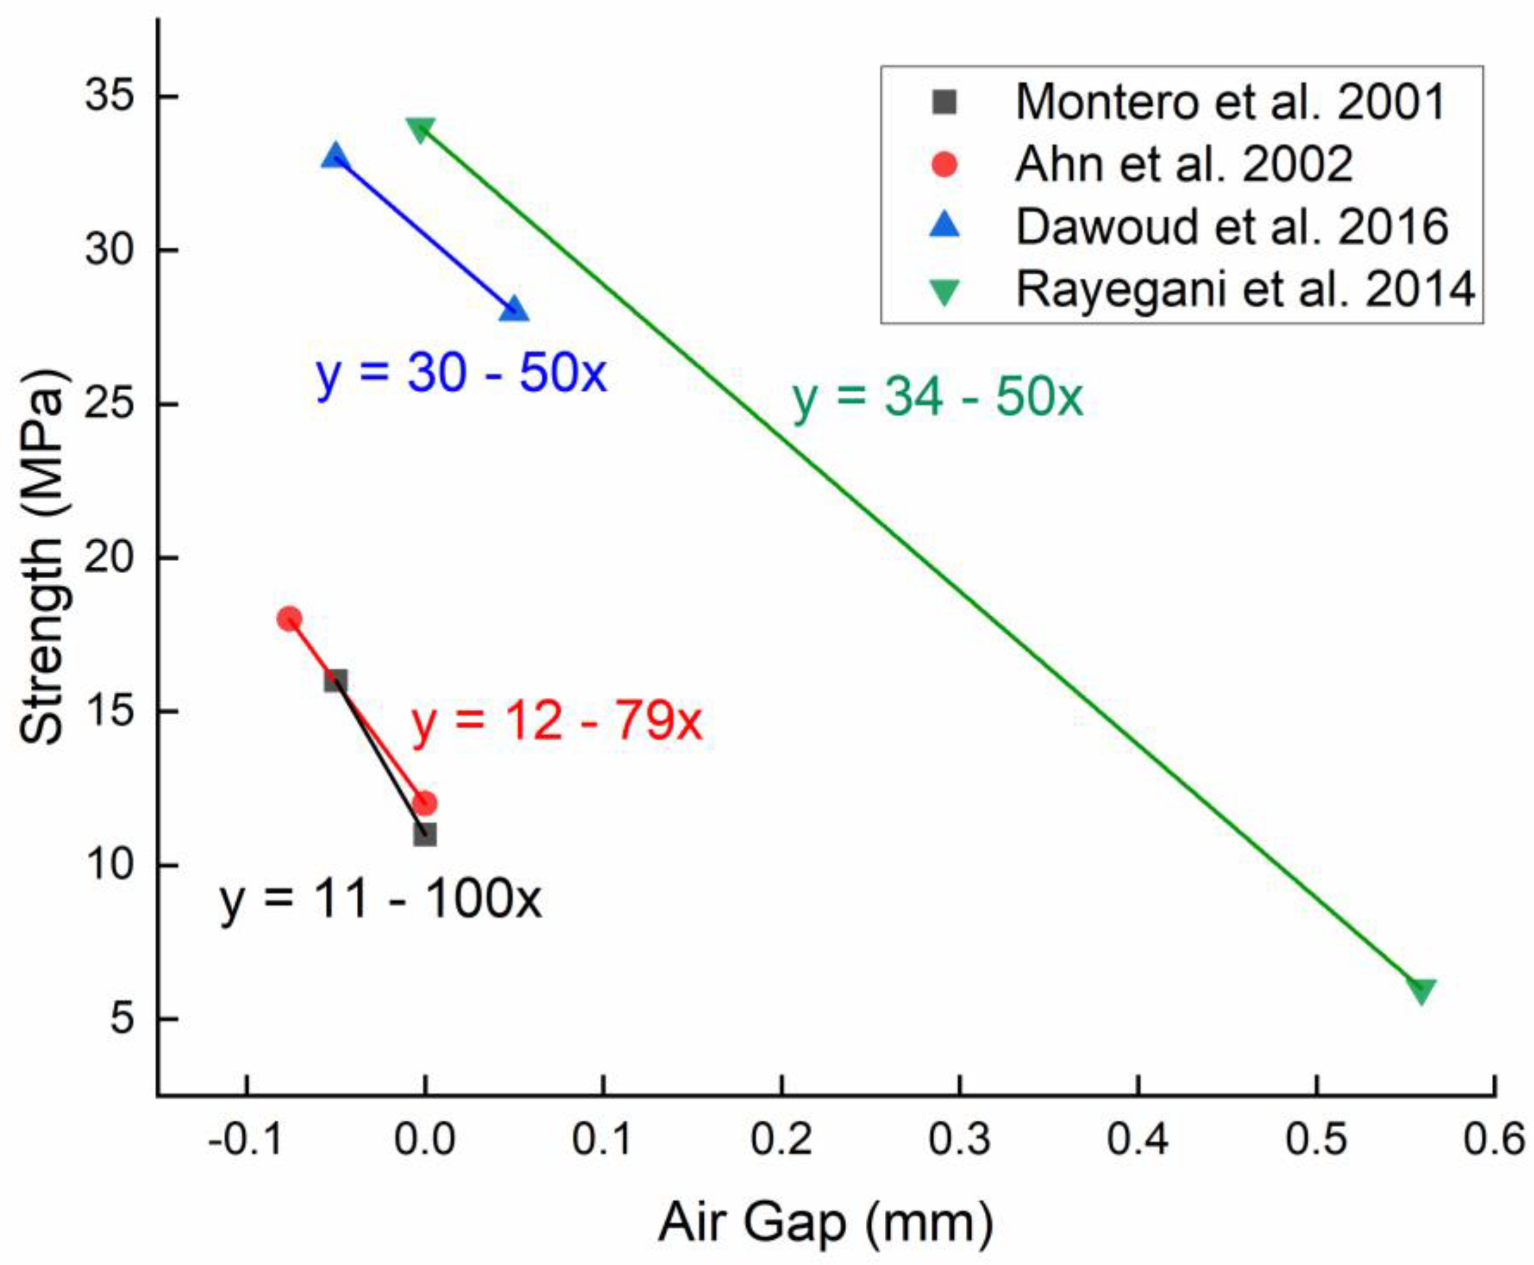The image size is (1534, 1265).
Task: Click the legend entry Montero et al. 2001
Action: click(x=1229, y=102)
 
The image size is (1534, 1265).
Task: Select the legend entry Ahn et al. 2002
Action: click(x=1184, y=165)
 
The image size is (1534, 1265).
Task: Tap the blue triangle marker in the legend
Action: click(x=945, y=226)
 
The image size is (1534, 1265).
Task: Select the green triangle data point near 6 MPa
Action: click(x=1421, y=990)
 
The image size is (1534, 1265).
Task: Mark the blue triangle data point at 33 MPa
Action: click(x=335, y=156)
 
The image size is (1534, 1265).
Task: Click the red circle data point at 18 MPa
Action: click(x=289, y=618)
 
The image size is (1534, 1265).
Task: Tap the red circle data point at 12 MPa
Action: click(x=425, y=803)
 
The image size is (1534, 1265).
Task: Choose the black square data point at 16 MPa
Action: click(x=335, y=681)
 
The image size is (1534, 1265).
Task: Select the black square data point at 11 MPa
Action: click(x=425, y=835)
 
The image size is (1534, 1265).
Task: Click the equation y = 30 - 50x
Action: click(x=461, y=375)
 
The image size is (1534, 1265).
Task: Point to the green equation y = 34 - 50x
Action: click(x=938, y=399)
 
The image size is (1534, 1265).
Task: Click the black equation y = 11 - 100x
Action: click(x=381, y=901)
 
